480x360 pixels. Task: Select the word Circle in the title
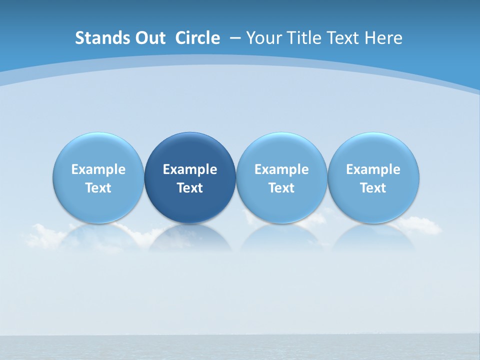[x=197, y=38]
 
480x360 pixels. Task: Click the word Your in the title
[x=263, y=38]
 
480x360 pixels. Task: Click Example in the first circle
[x=98, y=169]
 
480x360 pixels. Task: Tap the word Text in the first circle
[x=98, y=188]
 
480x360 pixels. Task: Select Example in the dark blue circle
[x=190, y=169]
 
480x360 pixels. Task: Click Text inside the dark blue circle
[x=190, y=188]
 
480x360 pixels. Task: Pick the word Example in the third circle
[x=281, y=169]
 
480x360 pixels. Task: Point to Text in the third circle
[x=281, y=188]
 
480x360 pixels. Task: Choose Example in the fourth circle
[x=373, y=169]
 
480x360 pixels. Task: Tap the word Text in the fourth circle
[x=373, y=188]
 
